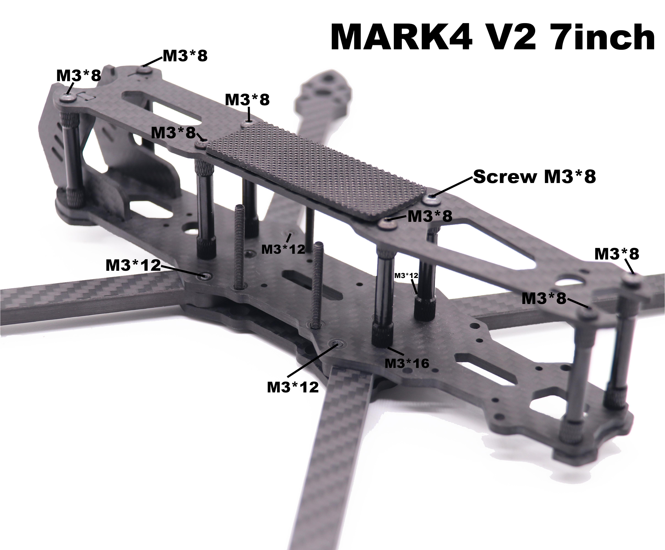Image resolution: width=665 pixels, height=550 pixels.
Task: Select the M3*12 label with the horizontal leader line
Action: (133, 265)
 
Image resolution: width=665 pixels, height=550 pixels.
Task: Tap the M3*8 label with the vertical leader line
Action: (247, 100)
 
